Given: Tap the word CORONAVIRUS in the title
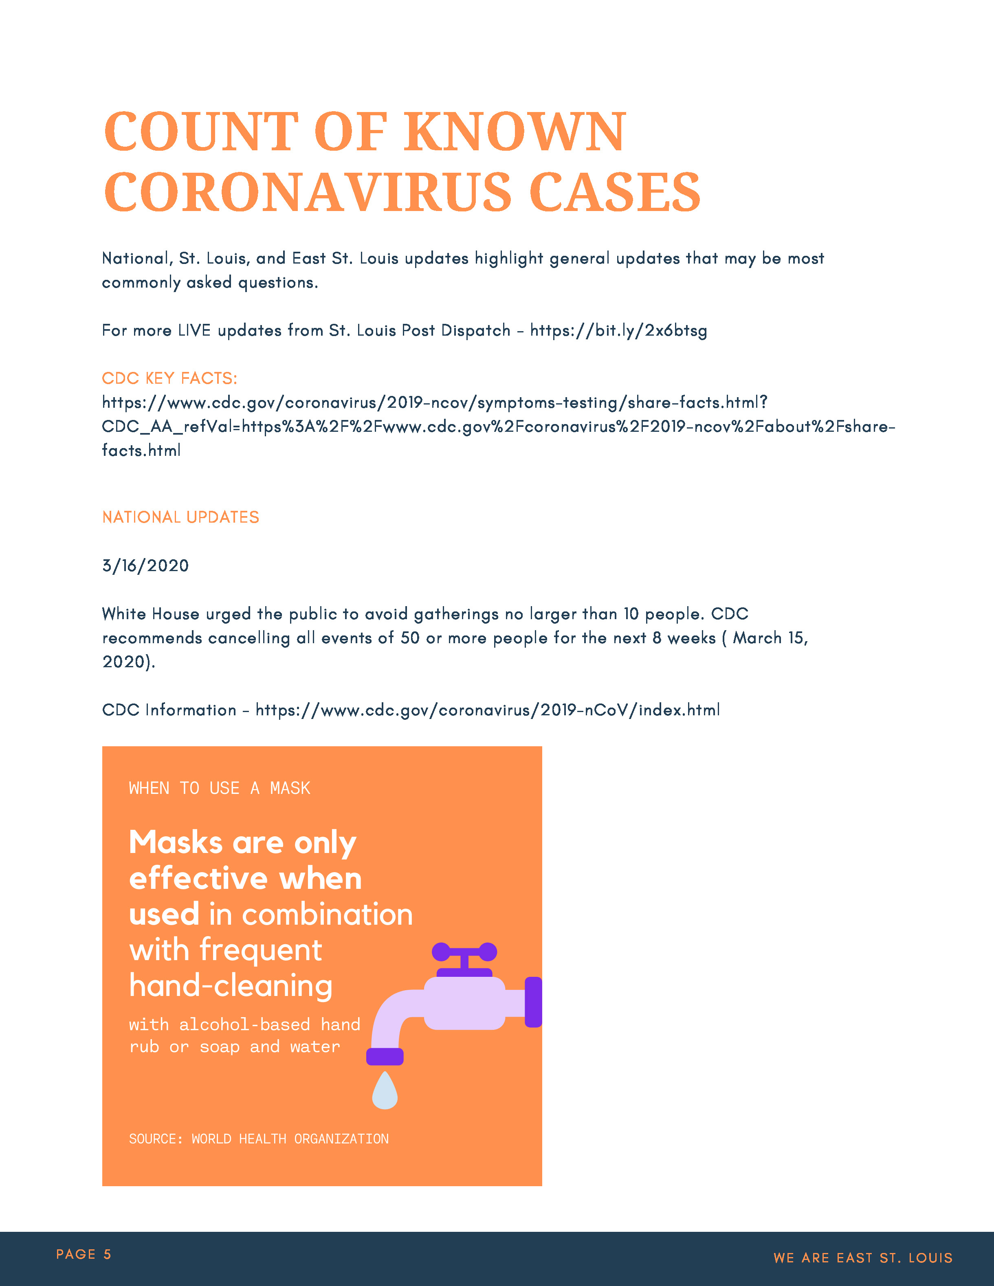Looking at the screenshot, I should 308,193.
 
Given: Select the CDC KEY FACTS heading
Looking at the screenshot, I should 169,378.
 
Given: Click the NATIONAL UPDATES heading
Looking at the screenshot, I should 181,517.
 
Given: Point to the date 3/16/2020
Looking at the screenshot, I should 145,566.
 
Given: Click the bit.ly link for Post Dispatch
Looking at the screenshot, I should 618,330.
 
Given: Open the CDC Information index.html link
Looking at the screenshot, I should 488,710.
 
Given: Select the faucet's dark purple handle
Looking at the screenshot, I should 464,952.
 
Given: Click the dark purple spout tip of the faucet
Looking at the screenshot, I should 385,1057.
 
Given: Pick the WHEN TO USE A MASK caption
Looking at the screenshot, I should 219,788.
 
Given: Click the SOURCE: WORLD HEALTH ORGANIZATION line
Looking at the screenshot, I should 259,1139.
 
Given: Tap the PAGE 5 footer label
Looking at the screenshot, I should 84,1254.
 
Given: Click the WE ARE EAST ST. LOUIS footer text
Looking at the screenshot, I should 863,1258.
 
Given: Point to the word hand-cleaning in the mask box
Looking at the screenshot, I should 231,986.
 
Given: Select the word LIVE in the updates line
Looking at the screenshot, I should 194,330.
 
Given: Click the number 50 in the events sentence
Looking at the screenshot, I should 410,638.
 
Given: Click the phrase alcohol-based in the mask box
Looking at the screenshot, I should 244,1024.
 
